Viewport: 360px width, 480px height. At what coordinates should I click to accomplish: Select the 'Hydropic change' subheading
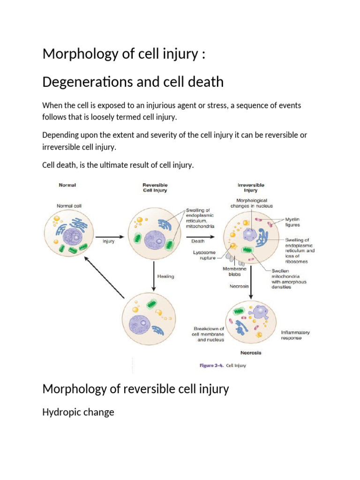(x=78, y=413)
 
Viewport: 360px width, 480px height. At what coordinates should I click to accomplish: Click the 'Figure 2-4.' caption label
(x=211, y=365)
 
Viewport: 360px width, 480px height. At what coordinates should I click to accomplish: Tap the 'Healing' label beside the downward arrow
(x=165, y=276)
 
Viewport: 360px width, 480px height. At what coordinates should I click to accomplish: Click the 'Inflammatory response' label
(x=295, y=335)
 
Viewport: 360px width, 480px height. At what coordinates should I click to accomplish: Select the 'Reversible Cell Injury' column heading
(x=155, y=187)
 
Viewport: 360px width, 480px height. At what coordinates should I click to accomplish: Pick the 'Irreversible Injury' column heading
(x=250, y=187)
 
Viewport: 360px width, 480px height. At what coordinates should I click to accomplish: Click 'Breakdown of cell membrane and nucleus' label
(x=209, y=334)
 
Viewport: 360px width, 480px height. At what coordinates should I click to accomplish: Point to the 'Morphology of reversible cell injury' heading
(x=135, y=389)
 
